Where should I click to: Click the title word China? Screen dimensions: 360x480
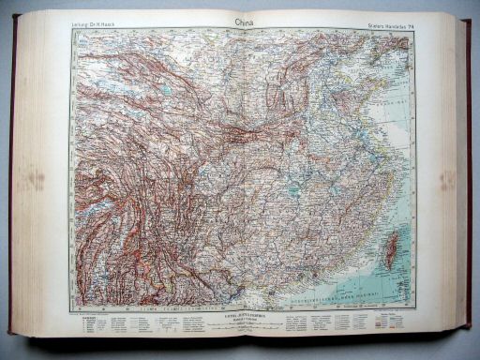click(238, 19)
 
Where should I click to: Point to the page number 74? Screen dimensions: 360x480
click(409, 22)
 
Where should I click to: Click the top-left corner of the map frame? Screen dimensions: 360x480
click(72, 30)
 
